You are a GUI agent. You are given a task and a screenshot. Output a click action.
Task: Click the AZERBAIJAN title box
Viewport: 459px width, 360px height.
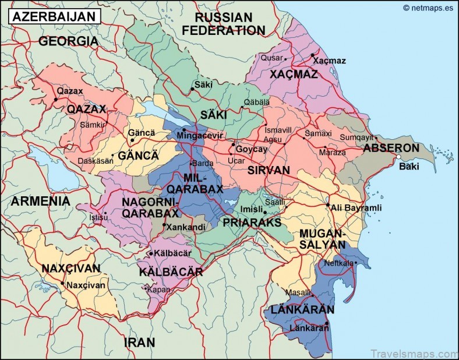click(54, 16)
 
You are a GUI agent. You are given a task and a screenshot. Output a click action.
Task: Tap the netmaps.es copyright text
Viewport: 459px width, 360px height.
click(429, 8)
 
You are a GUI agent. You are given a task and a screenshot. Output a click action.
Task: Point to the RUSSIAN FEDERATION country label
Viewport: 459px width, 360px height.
click(224, 24)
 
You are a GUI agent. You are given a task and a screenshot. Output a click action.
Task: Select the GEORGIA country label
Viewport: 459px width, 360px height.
click(68, 41)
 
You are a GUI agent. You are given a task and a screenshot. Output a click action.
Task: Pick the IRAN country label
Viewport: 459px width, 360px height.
click(139, 342)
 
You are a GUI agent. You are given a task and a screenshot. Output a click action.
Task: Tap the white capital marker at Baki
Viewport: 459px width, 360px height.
click(398, 157)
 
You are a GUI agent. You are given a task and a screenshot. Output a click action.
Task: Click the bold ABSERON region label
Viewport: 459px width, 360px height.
click(391, 148)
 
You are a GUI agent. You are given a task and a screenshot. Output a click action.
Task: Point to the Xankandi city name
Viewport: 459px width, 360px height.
click(186, 227)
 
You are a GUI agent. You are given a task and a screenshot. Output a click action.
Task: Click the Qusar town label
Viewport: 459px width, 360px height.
click(271, 58)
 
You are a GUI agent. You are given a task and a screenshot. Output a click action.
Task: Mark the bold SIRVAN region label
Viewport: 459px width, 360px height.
click(269, 170)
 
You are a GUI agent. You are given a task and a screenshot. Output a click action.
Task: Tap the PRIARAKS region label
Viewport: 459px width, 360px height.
click(252, 223)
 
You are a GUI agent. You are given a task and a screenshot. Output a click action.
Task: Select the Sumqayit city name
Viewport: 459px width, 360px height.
click(355, 137)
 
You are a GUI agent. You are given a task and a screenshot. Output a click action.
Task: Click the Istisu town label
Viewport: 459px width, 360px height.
click(98, 217)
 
